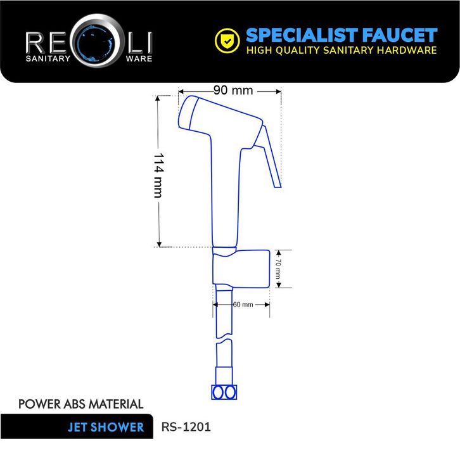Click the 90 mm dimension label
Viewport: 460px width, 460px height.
[x=233, y=91]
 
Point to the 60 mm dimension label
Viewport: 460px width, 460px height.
[x=243, y=305]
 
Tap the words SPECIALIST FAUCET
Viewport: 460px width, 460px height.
[x=341, y=35]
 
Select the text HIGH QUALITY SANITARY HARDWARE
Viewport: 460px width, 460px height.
[x=341, y=51]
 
